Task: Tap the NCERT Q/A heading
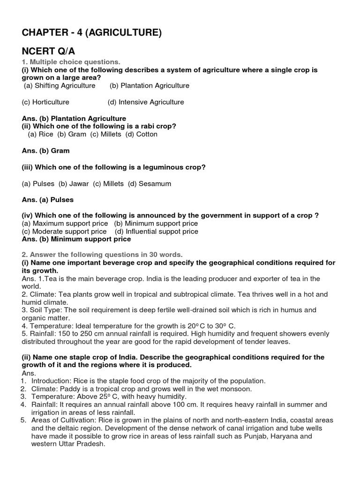(x=45, y=51)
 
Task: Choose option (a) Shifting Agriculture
(x=60, y=85)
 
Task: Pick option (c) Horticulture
(x=45, y=102)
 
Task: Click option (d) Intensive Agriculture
(x=145, y=102)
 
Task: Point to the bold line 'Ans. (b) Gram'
(x=45, y=150)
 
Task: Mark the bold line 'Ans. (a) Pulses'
(x=48, y=199)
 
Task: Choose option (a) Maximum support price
(x=65, y=223)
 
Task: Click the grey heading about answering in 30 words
(x=102, y=254)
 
